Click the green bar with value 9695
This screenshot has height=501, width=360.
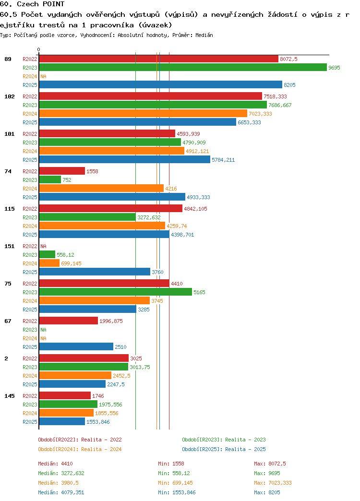183,67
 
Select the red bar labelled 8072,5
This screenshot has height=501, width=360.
158,59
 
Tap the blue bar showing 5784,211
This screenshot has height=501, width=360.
125,160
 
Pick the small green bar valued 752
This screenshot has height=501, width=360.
50,180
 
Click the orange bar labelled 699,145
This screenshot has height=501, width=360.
49,263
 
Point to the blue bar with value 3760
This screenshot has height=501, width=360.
95,272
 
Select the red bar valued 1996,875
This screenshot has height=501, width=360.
69,321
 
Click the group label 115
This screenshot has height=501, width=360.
10,209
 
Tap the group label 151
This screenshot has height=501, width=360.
10,246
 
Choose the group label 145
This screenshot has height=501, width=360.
10,396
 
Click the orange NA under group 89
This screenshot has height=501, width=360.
44,76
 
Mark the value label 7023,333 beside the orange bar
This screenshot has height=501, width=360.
260,114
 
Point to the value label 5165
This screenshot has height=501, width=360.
199,292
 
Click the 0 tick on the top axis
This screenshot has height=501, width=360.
39,49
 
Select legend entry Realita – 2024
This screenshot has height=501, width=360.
80,449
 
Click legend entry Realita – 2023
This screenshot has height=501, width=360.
224,440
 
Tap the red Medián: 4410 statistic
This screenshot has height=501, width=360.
55,464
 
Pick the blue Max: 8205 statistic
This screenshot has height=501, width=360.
267,492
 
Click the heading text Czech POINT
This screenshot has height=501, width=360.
41,4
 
